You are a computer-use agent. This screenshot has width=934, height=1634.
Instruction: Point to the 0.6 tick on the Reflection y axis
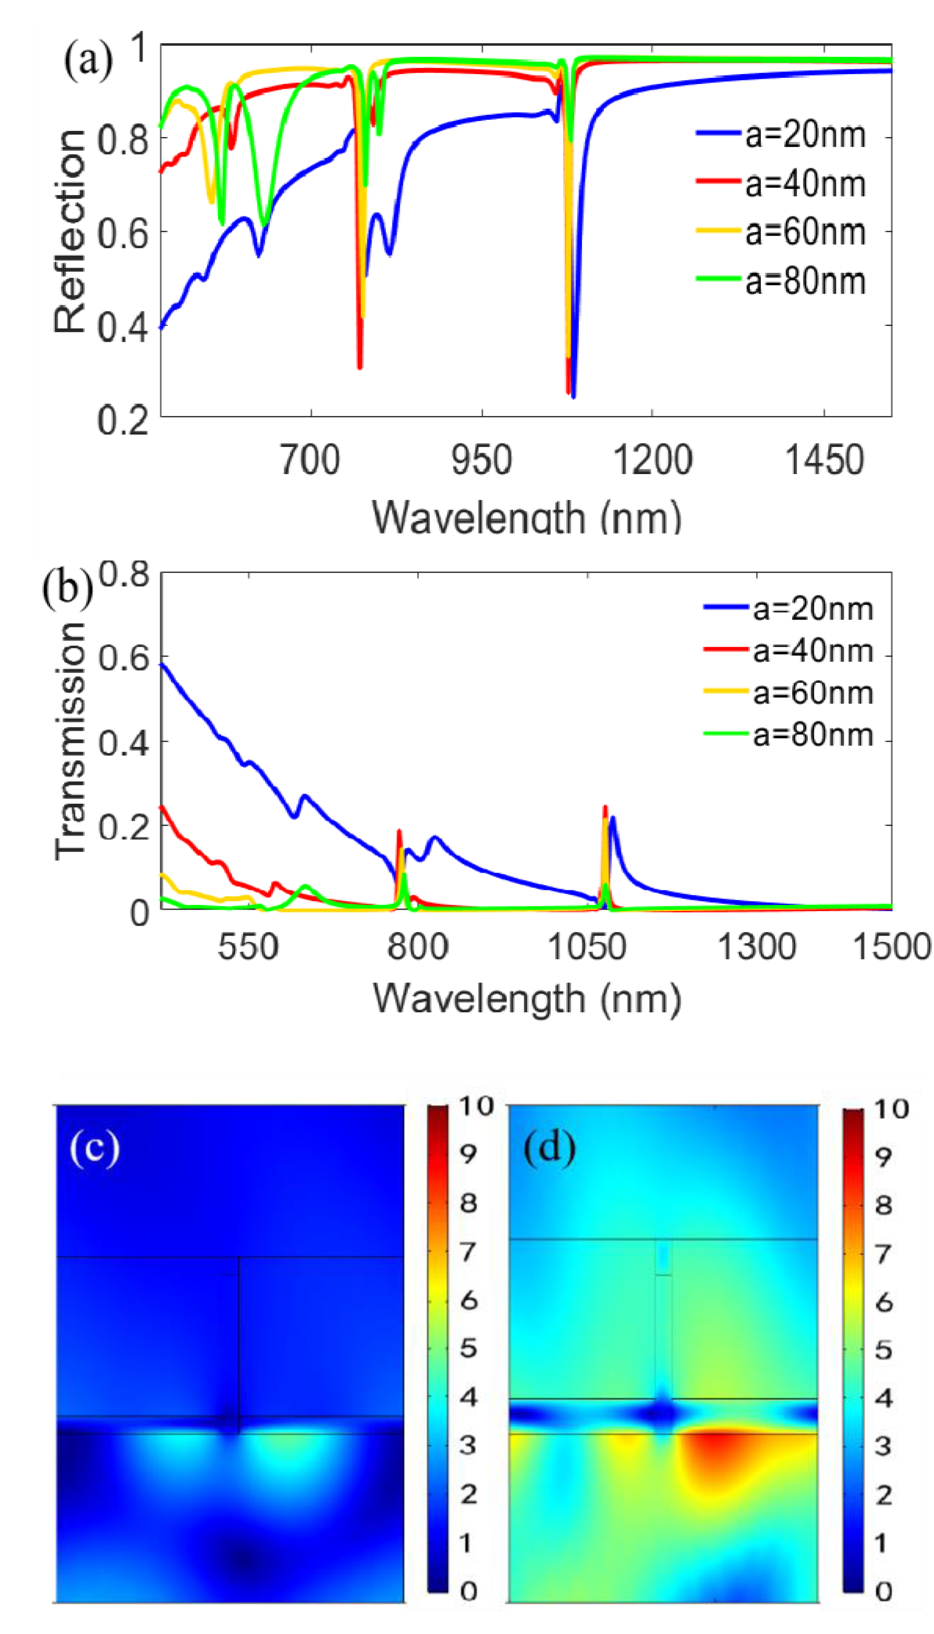pos(123,233)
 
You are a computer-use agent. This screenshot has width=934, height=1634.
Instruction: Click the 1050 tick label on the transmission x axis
pos(587,946)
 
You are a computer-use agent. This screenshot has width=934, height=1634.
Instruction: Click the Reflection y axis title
pos(69,231)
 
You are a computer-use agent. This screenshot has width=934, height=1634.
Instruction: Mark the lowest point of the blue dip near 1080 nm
pos(573,397)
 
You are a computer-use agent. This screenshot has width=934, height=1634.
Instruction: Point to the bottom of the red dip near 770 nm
pos(360,367)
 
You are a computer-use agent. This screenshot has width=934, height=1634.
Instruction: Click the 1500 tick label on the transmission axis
pos(892,946)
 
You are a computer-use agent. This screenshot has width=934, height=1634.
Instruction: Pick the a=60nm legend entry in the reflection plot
pos(805,232)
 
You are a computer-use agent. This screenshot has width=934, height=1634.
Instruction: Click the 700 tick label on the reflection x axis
pos(310,461)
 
